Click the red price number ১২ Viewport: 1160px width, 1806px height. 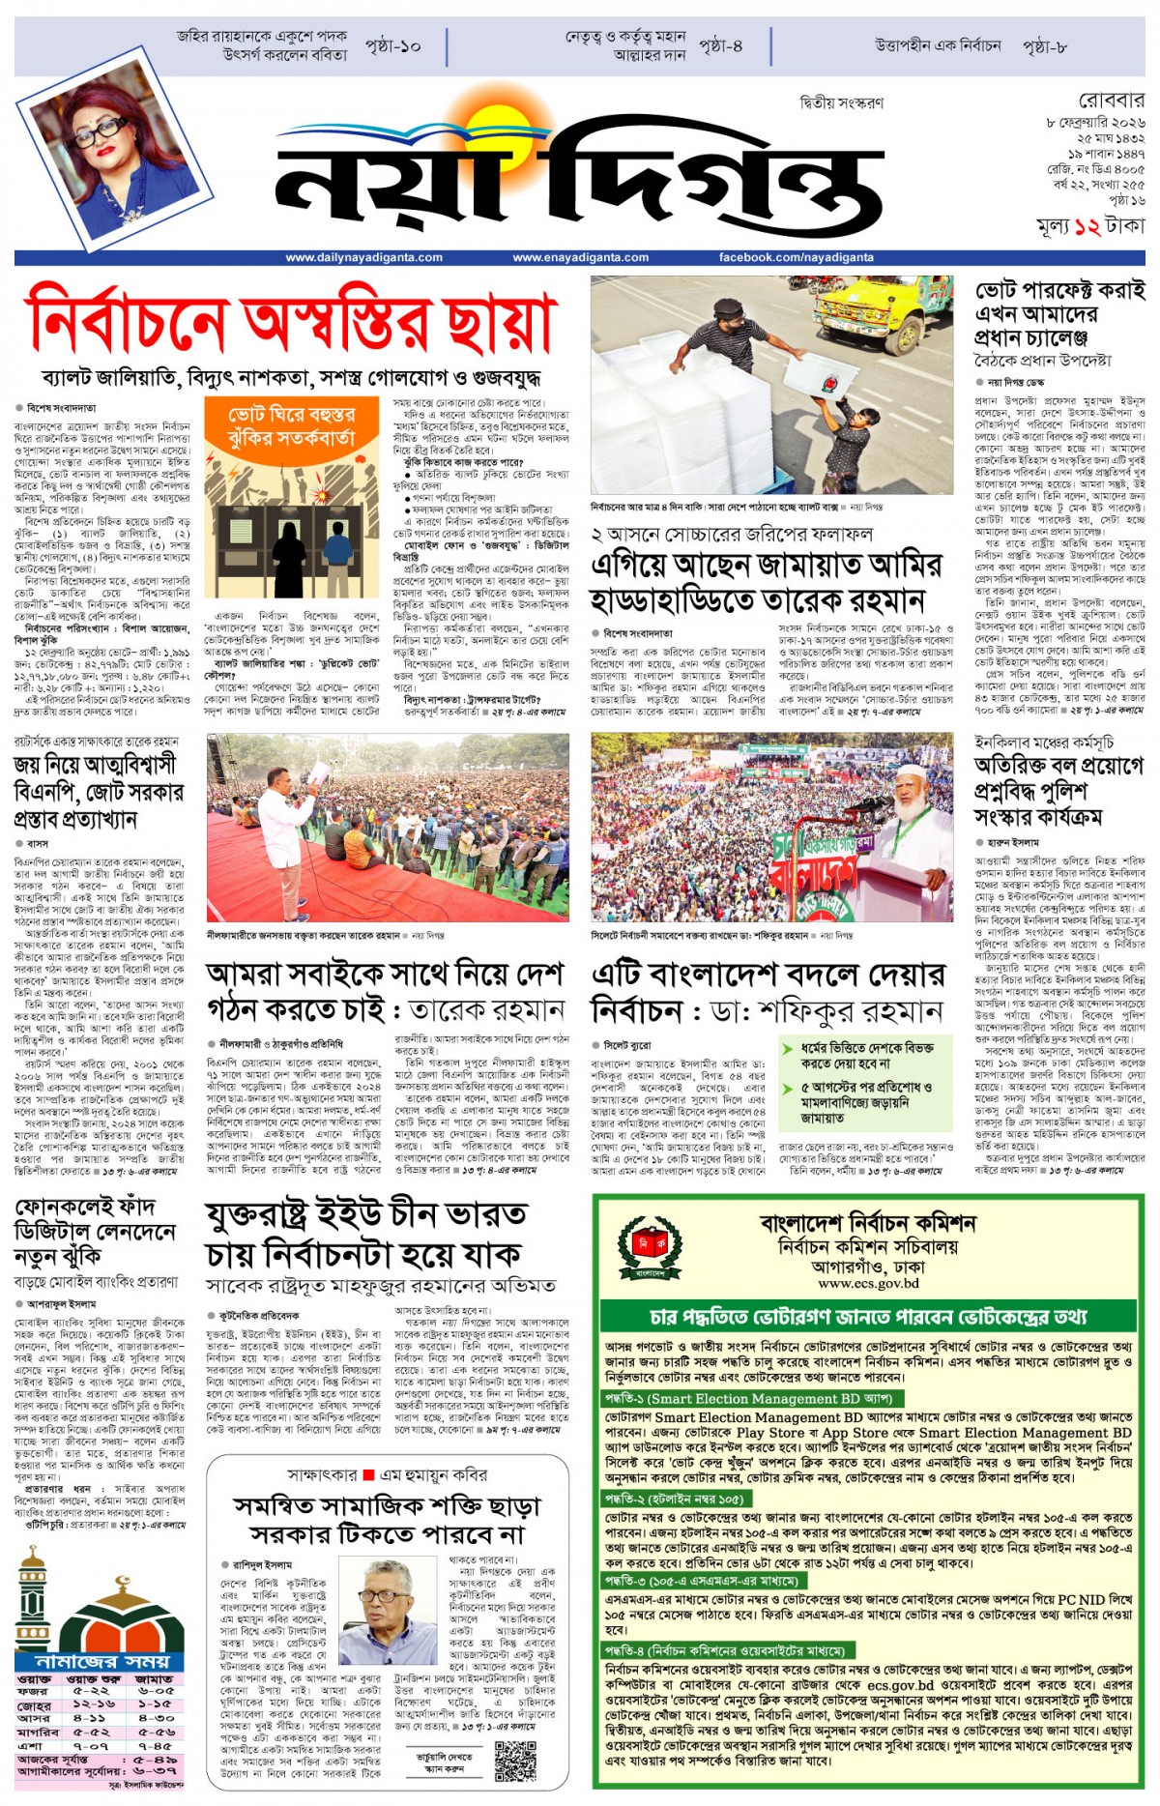click(x=1087, y=227)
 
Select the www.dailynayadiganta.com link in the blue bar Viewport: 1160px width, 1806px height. click(x=350, y=257)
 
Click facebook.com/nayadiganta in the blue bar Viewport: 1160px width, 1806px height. click(x=796, y=257)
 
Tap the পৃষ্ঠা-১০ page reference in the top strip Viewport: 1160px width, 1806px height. click(x=393, y=45)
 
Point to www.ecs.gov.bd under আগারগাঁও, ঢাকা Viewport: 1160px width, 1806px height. click(x=868, y=1283)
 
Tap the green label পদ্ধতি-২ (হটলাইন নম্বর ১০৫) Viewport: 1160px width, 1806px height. click(x=675, y=1500)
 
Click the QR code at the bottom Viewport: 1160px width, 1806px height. click(x=515, y=1761)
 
